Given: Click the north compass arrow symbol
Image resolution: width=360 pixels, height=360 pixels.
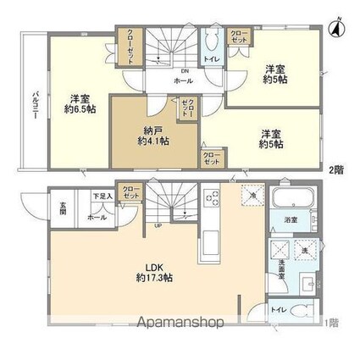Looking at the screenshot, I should click(x=336, y=26).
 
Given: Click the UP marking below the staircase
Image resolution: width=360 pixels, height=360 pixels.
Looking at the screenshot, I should click(x=158, y=226).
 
